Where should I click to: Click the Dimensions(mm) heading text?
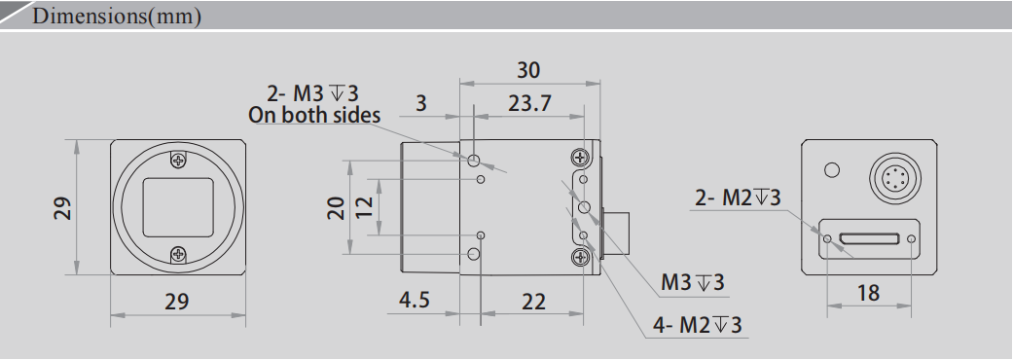117,18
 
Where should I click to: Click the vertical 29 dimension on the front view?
63,207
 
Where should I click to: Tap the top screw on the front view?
177,160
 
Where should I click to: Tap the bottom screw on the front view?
177,255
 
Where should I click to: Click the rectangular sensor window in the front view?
177,207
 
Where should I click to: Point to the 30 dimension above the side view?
528,70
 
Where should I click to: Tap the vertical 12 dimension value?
363,207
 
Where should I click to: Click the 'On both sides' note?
314,115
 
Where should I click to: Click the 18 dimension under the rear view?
869,292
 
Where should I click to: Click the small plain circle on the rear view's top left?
831,171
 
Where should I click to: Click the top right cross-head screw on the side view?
581,157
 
